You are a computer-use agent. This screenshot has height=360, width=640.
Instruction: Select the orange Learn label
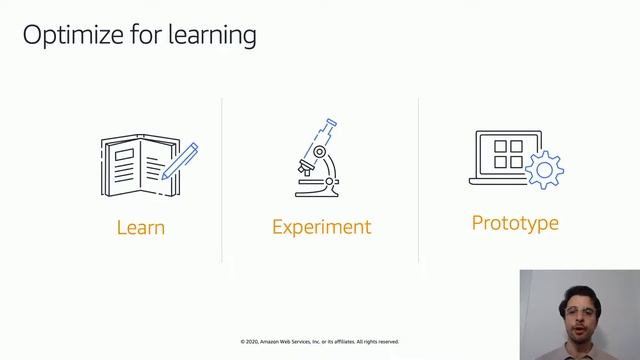(140, 227)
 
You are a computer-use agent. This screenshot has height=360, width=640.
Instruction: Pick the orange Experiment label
(321, 227)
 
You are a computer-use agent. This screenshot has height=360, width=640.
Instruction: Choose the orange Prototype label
(515, 222)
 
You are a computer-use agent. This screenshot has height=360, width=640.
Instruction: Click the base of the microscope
(317, 191)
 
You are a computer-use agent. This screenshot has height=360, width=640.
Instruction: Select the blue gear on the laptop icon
(544, 170)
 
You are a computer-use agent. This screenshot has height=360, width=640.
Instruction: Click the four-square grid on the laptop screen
(508, 154)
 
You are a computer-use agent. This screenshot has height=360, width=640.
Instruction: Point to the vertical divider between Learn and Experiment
(222, 180)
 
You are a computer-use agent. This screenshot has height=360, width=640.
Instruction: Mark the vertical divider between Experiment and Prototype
(418, 180)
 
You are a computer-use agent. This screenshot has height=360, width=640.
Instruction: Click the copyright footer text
(319, 342)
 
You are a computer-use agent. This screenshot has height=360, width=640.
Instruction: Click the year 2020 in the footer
(254, 342)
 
